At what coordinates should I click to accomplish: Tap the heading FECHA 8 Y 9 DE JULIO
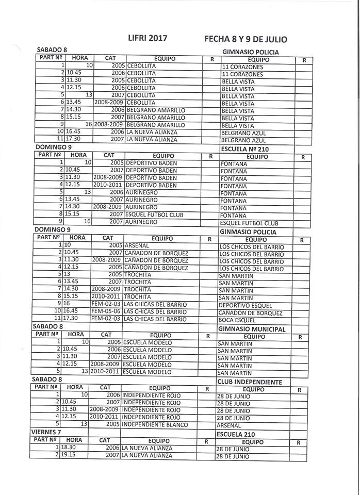pos(246,39)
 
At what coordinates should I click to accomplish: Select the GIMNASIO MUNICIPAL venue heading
pos(252,329)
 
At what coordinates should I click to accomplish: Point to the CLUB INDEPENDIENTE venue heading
pos(250,382)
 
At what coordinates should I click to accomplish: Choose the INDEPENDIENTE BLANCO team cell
pos(155,424)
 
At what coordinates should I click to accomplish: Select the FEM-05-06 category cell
pos(106,312)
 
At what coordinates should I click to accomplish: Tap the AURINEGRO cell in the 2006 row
pos(141,192)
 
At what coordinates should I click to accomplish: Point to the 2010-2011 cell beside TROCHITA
pos(106,297)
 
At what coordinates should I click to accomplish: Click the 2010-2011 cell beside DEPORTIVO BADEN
pos(108,185)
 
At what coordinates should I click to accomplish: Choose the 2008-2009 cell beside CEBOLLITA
pos(109,103)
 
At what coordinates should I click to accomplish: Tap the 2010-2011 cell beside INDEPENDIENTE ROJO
pos(105,417)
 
